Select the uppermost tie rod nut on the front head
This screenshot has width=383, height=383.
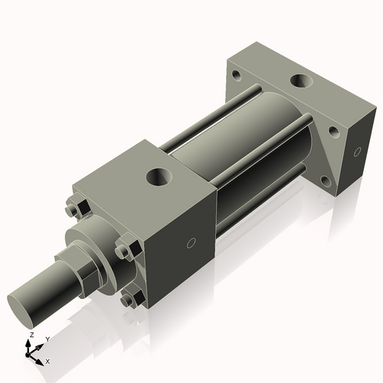pos(74,209)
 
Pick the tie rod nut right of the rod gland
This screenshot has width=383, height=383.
pos(123,250)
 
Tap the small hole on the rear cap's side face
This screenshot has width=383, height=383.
pos(357,153)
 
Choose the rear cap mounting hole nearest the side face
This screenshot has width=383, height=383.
pos(334,131)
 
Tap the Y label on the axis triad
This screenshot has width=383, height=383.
pos(47,339)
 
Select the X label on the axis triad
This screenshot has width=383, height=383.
pos(47,360)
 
